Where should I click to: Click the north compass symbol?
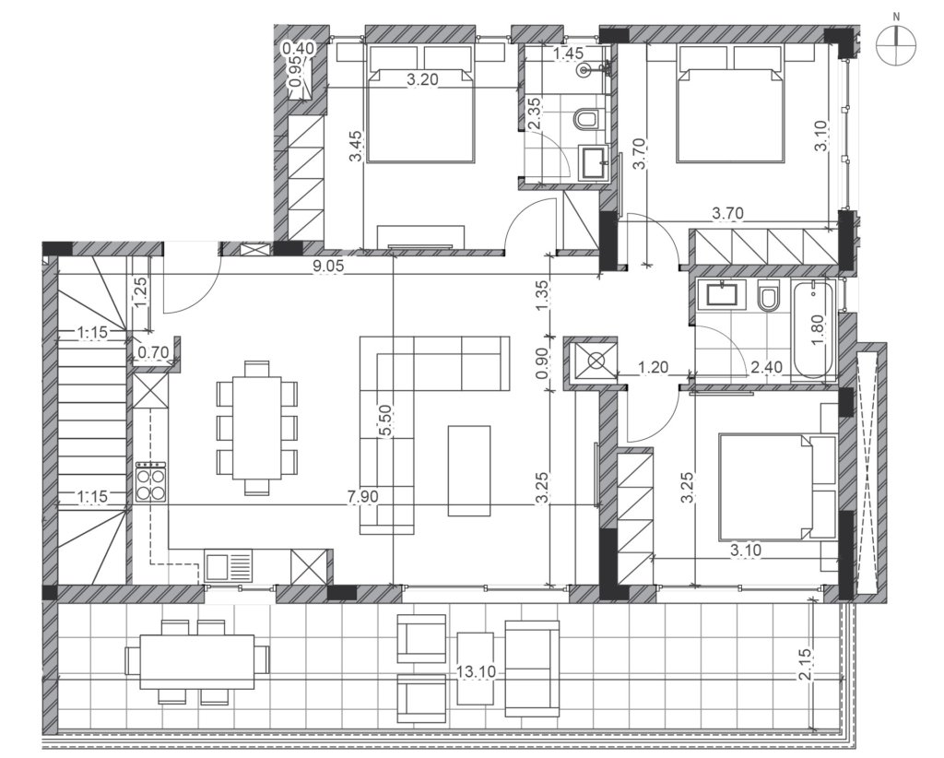coord(896,45)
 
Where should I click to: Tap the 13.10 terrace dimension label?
coord(476,671)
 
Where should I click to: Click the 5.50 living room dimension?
coord(386,420)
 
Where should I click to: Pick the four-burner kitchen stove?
coord(151,481)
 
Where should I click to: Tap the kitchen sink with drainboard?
coord(229,566)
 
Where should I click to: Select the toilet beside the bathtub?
coord(768,296)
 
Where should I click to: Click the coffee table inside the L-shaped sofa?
coord(469,471)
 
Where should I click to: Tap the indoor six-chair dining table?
coord(257,428)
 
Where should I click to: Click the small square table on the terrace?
coord(475,669)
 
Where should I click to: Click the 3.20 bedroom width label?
coord(422,79)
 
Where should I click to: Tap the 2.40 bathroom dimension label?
coord(767,366)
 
